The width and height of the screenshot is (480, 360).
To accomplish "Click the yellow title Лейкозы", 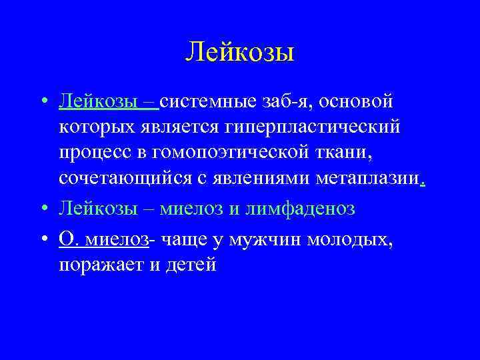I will [239, 51].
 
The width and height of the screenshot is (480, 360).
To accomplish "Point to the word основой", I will [363, 102].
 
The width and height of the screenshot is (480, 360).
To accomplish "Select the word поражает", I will [99, 265].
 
